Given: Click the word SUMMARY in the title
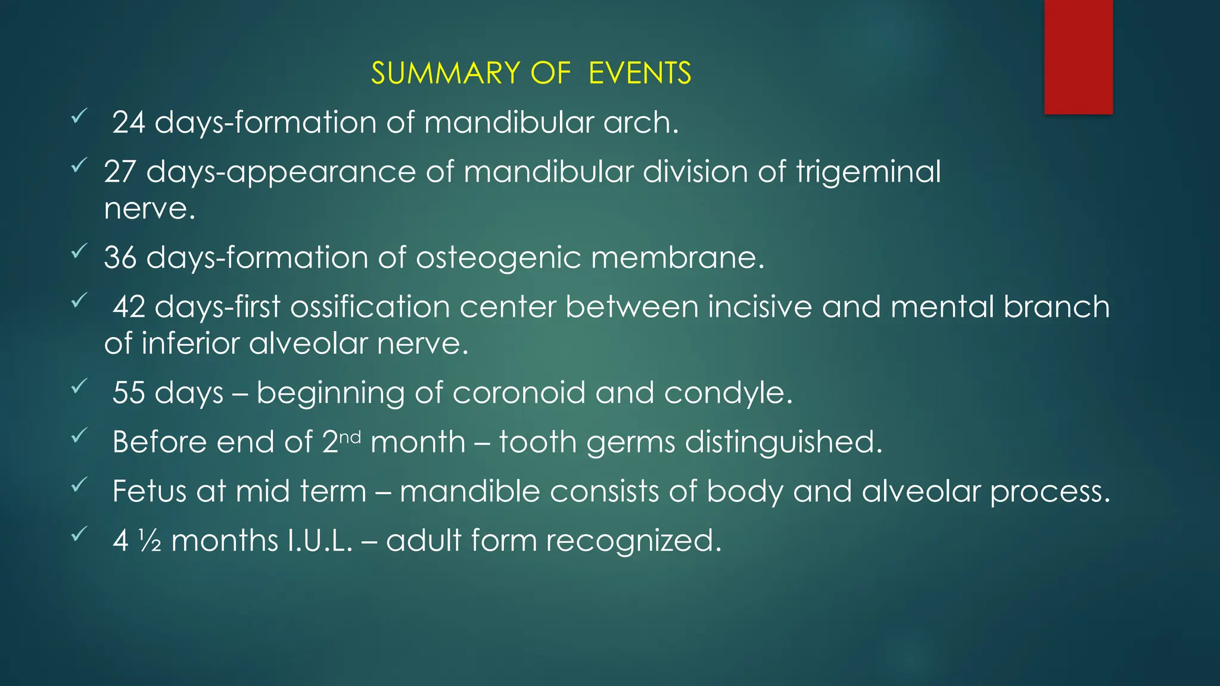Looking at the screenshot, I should [446, 73].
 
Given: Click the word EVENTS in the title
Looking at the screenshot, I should [640, 73].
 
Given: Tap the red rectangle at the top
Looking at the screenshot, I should [1078, 57].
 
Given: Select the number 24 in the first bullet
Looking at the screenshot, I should [129, 123].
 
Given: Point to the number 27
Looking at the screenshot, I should [120, 172].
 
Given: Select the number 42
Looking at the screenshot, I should [129, 307].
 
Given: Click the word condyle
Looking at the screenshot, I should [728, 393].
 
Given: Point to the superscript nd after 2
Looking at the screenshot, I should [350, 437].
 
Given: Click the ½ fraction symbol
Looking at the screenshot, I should [151, 541].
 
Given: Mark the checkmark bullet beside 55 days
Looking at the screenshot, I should [79, 387].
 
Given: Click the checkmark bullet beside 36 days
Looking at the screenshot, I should [79, 252].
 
